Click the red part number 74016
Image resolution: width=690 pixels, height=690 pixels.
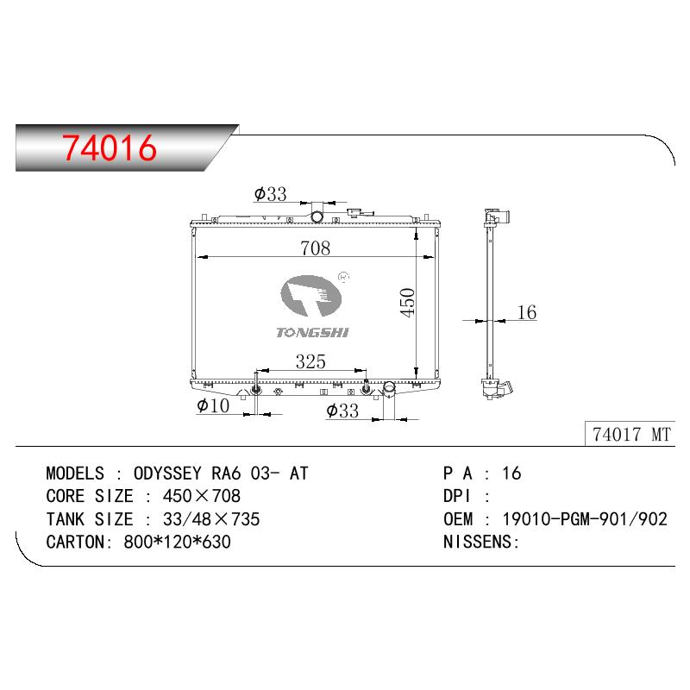[x=110, y=147]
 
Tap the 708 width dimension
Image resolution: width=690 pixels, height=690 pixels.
[x=315, y=248]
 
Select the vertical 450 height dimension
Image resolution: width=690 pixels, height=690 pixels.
[x=407, y=303]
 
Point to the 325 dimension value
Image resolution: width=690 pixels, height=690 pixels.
[x=310, y=361]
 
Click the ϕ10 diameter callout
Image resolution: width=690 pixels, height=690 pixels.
[x=213, y=405]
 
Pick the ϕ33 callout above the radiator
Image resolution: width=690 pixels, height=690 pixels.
[x=270, y=193]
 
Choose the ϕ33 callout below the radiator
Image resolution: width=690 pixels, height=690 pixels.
[x=342, y=411]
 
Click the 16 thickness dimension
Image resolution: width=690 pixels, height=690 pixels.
[x=527, y=312]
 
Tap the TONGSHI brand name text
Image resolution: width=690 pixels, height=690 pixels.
[x=312, y=333]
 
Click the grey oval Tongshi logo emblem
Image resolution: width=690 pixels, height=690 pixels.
[x=311, y=296]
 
